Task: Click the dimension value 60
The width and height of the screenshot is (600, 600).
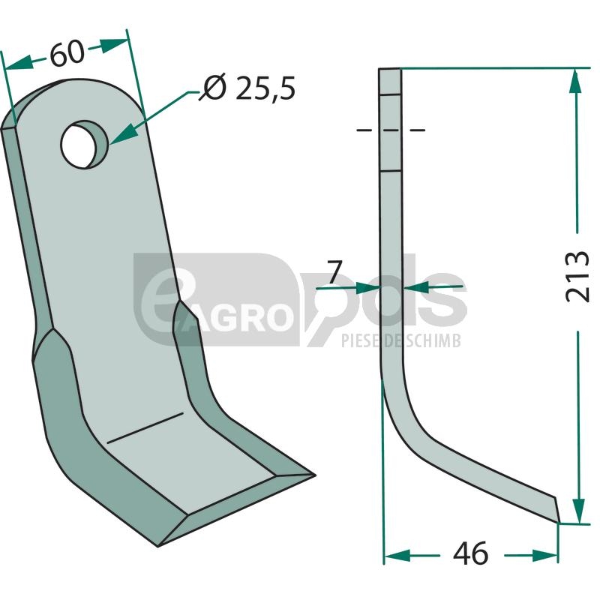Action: point(67,52)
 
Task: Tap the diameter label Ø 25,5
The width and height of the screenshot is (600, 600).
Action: point(247,88)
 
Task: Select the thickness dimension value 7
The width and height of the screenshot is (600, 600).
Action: point(334,272)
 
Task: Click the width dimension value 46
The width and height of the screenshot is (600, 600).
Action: point(471,553)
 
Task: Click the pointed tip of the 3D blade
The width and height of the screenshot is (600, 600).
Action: point(314,475)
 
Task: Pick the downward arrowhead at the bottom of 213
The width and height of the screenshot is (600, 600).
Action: point(579,511)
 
